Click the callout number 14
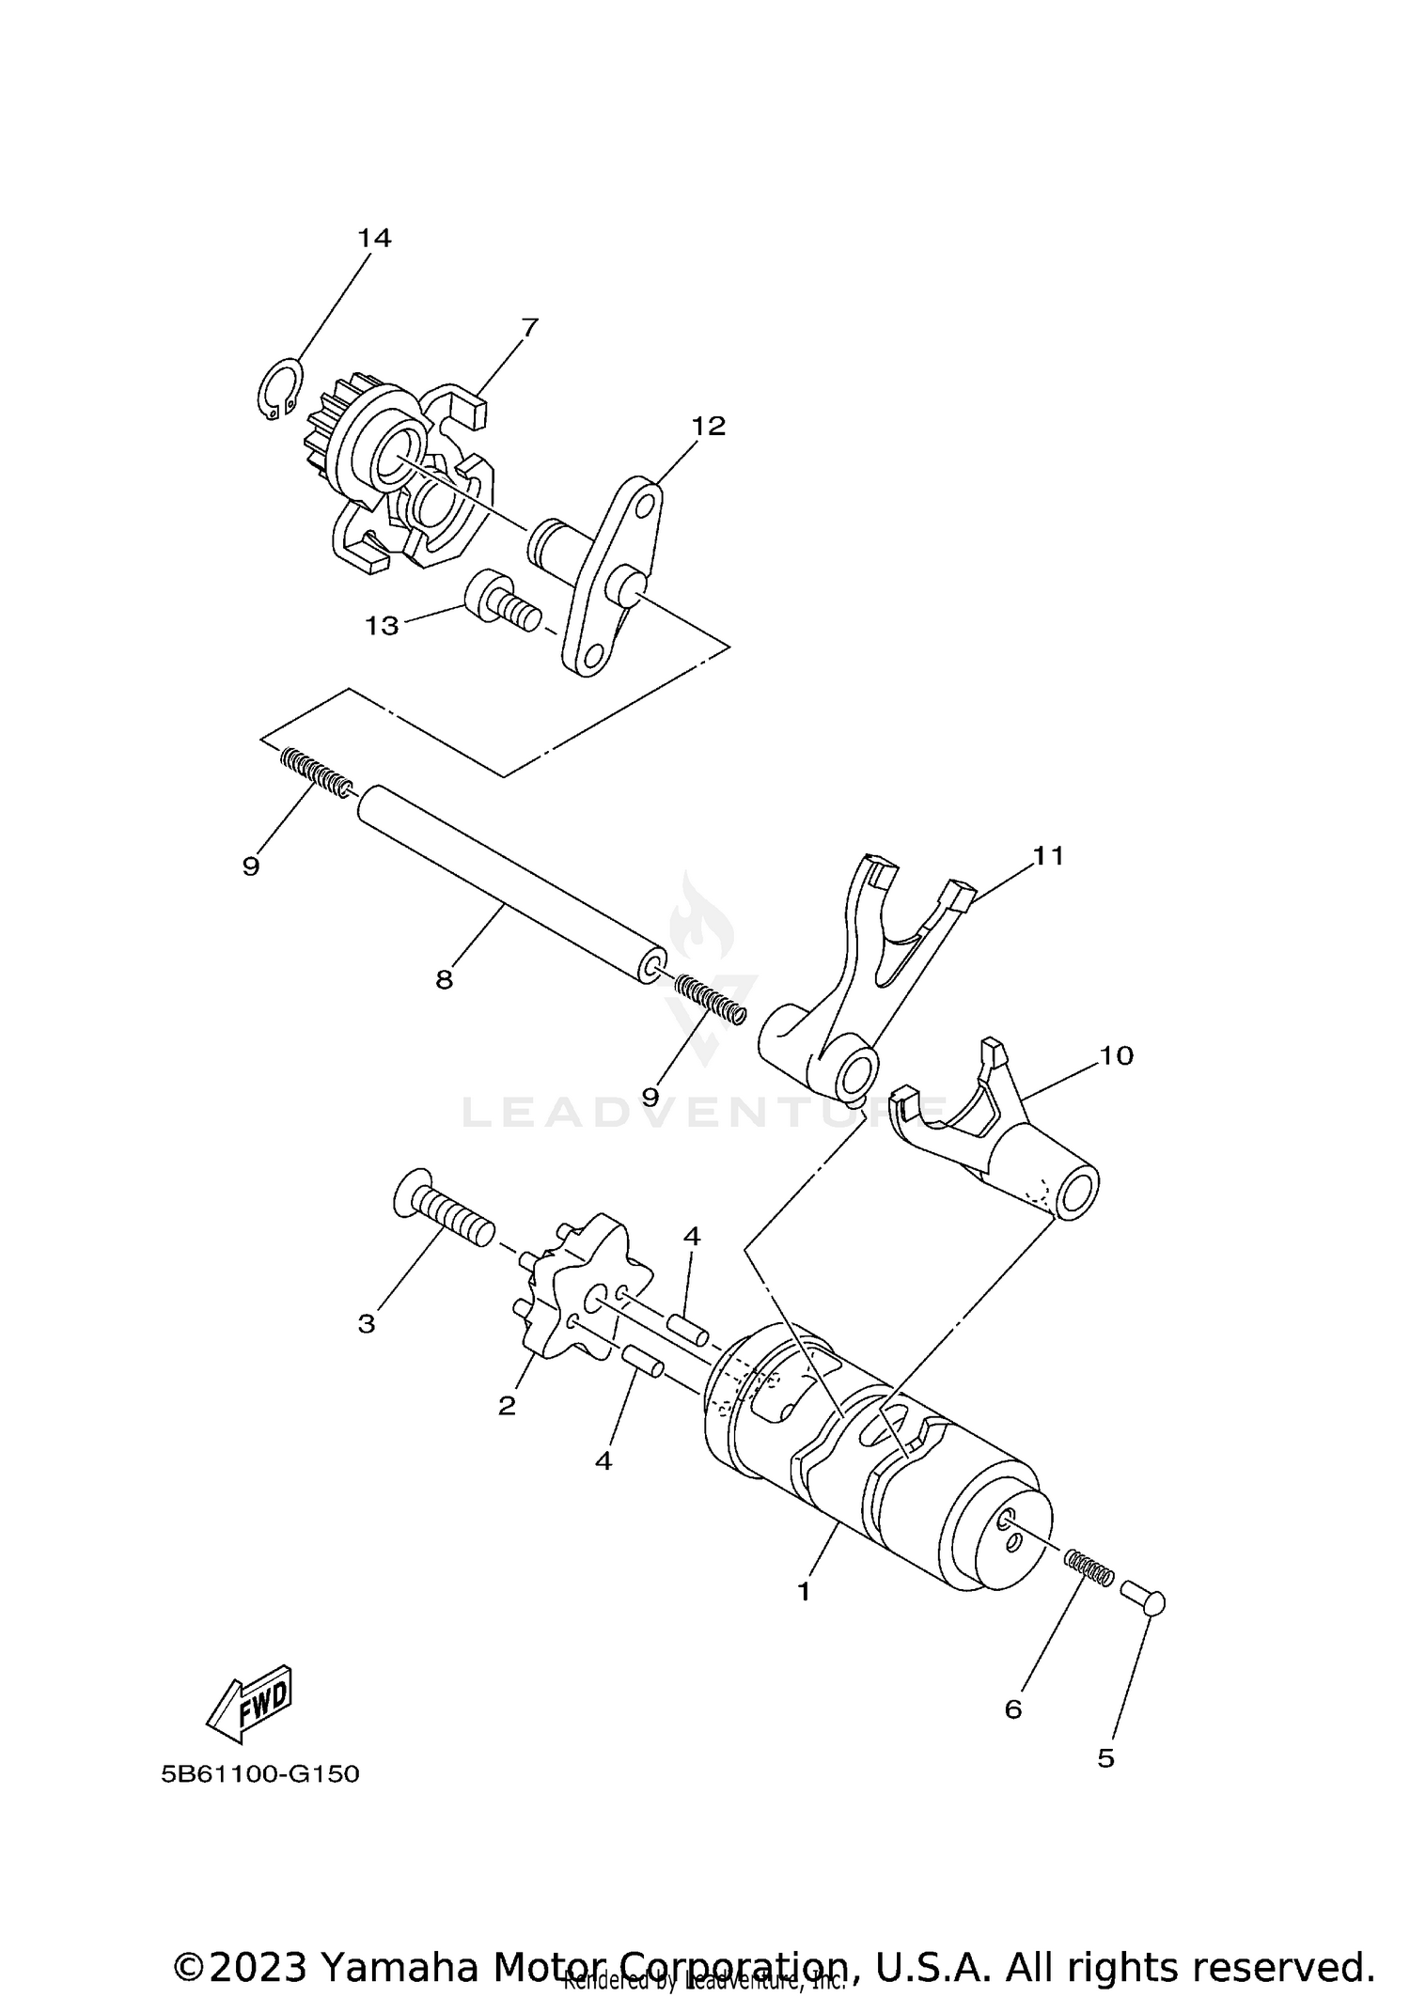(373, 239)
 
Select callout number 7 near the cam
(529, 328)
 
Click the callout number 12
(709, 426)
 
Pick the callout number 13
(382, 626)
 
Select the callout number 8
(445, 980)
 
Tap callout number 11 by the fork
(1048, 855)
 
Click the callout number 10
(1116, 1055)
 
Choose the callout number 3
(367, 1324)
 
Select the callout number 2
(507, 1406)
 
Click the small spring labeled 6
(1089, 1568)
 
